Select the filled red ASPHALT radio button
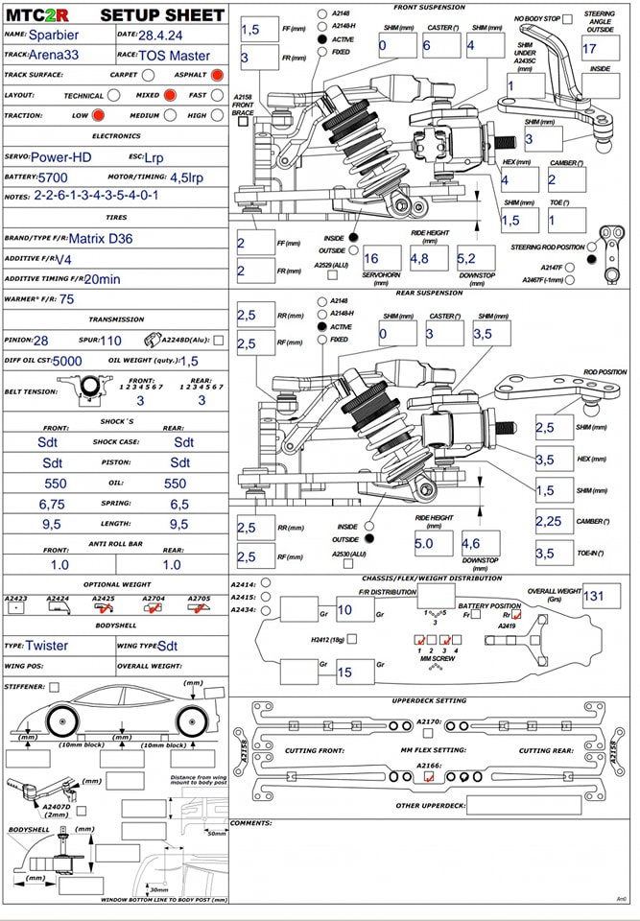[217, 75]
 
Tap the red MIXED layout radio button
[170, 96]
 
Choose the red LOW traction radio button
[98, 116]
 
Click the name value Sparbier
[56, 35]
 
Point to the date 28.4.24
[165, 35]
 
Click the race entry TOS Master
[175, 55]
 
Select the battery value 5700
[52, 177]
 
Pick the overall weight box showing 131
[595, 596]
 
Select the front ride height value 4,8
[419, 258]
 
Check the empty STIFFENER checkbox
[54, 687]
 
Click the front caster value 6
[427, 46]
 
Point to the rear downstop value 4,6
[471, 544]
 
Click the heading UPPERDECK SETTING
[430, 701]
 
